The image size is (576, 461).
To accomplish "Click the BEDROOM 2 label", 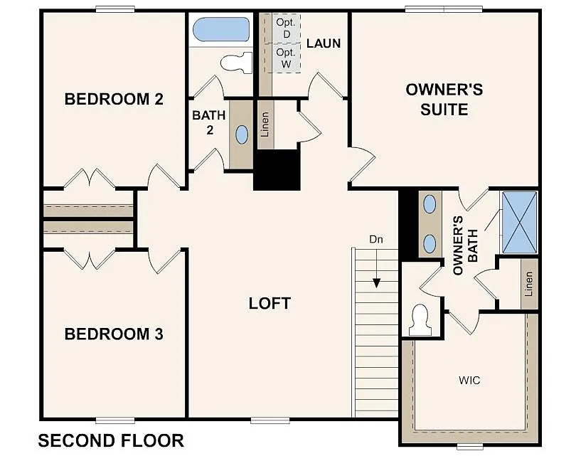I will (114, 99).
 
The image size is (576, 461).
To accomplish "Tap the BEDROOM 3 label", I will (114, 334).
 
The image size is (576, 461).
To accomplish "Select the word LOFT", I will (270, 303).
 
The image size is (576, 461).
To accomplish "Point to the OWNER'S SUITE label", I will (444, 100).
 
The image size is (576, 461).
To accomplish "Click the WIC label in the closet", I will (469, 381).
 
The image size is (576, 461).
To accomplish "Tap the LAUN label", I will (324, 43).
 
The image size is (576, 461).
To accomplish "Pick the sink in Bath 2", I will (242, 134).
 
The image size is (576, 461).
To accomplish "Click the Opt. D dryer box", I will (286, 28).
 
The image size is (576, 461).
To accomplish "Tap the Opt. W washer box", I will (286, 58).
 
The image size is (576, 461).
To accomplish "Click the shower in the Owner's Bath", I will (520, 223).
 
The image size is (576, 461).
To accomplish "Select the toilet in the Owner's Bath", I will (420, 319).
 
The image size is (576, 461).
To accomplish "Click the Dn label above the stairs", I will (376, 240).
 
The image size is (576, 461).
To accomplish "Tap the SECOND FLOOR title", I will (111, 441).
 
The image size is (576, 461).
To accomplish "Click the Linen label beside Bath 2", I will (265, 124).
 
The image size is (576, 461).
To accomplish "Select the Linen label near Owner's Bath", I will (529, 284).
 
